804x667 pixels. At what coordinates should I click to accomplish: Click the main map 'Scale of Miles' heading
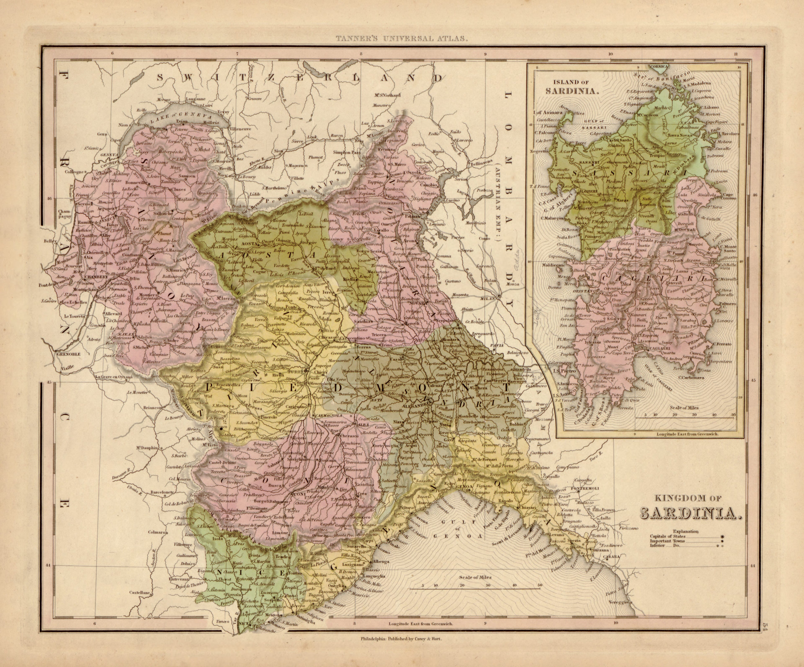point(474,577)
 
